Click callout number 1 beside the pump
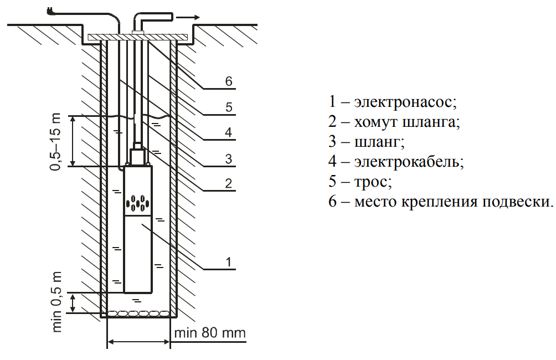[x=228, y=260]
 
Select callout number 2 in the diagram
[x=228, y=184]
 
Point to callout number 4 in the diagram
[x=228, y=132]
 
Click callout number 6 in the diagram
[x=228, y=80]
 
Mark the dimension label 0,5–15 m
[x=57, y=142]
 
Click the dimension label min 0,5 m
[x=57, y=302]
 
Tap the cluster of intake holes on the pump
[x=137, y=203]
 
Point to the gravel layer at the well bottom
[x=137, y=313]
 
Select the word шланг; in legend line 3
[x=379, y=141]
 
